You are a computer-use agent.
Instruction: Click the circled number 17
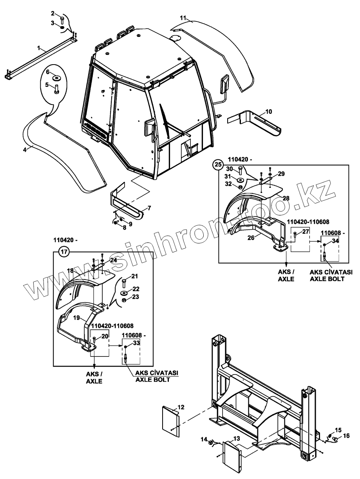pyautogui.click(x=64, y=252)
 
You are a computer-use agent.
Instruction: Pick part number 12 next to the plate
pyautogui.click(x=181, y=407)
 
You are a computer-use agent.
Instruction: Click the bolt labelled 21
pyautogui.click(x=124, y=282)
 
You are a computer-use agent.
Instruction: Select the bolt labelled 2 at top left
pyautogui.click(x=63, y=20)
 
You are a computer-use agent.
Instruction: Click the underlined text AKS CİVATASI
pyautogui.click(x=156, y=374)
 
